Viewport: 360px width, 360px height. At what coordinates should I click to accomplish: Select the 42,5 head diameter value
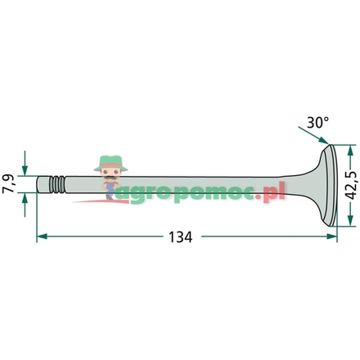tap(350, 191)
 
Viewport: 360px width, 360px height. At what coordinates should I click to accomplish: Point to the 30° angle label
tap(317, 123)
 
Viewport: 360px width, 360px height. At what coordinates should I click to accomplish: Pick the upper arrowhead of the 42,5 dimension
tap(349, 150)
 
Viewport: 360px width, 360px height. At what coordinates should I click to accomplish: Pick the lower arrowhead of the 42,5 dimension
tap(349, 232)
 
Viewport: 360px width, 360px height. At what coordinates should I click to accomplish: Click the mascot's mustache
tap(108, 174)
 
